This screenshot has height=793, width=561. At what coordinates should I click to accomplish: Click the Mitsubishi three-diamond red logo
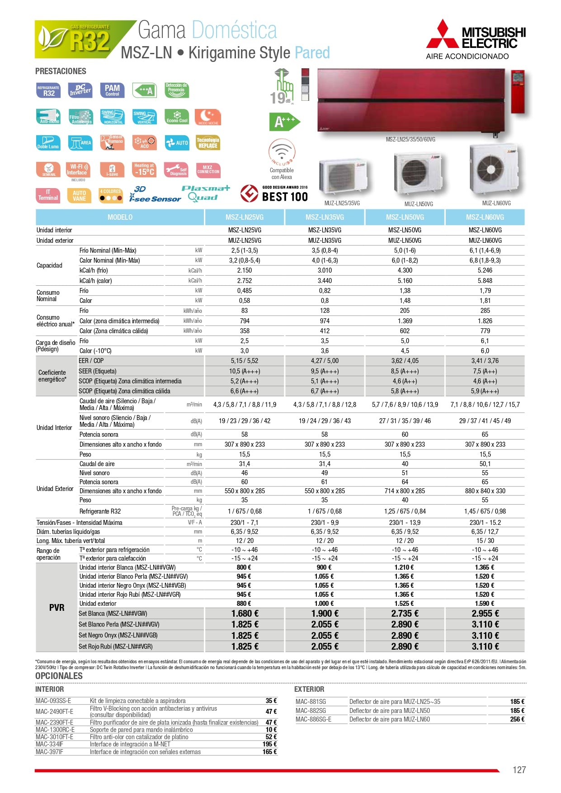443,34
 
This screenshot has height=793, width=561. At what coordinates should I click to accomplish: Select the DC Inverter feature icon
80,90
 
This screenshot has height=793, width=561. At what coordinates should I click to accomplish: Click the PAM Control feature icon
112,90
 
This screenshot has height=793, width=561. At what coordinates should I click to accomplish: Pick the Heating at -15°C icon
144,170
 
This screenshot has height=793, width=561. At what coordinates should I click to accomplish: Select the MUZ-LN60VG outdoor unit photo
493,170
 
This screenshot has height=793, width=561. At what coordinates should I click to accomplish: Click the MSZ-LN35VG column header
325,217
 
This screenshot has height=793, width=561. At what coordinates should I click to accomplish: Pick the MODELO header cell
120,217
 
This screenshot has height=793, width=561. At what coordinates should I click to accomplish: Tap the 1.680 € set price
245,614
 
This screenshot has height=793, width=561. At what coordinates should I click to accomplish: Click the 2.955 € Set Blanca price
485,614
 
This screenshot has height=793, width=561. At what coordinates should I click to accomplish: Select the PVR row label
57,608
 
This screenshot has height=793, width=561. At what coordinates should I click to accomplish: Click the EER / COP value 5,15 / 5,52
245,361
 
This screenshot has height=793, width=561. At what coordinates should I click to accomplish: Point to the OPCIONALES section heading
59,676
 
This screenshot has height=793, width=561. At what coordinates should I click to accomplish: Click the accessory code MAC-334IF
49,744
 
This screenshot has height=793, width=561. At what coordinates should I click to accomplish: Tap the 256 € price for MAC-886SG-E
517,719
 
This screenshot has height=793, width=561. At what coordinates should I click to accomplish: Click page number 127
519,770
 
